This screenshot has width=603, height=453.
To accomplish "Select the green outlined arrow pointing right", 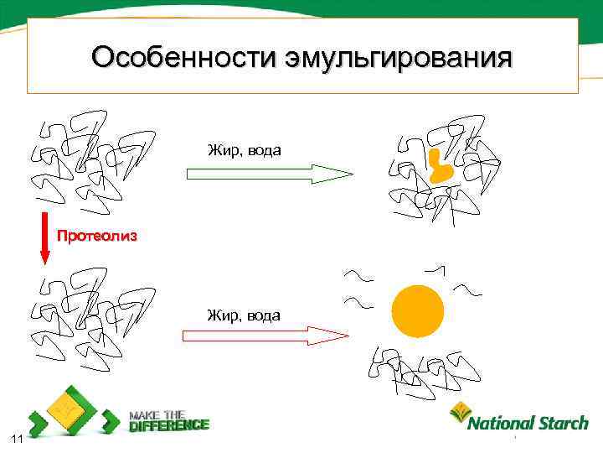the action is (x=268, y=174).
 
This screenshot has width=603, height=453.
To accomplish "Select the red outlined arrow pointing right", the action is (x=265, y=336).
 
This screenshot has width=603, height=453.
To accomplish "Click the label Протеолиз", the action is (x=96, y=236).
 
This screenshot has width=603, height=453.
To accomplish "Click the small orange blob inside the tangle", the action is (x=438, y=168).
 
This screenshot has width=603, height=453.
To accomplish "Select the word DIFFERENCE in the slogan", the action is (x=169, y=425).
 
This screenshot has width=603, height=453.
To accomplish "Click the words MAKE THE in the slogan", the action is (x=157, y=414).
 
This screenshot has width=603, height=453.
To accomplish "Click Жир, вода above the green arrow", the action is (x=245, y=150).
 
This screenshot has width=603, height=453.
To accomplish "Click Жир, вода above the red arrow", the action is (x=244, y=315).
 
